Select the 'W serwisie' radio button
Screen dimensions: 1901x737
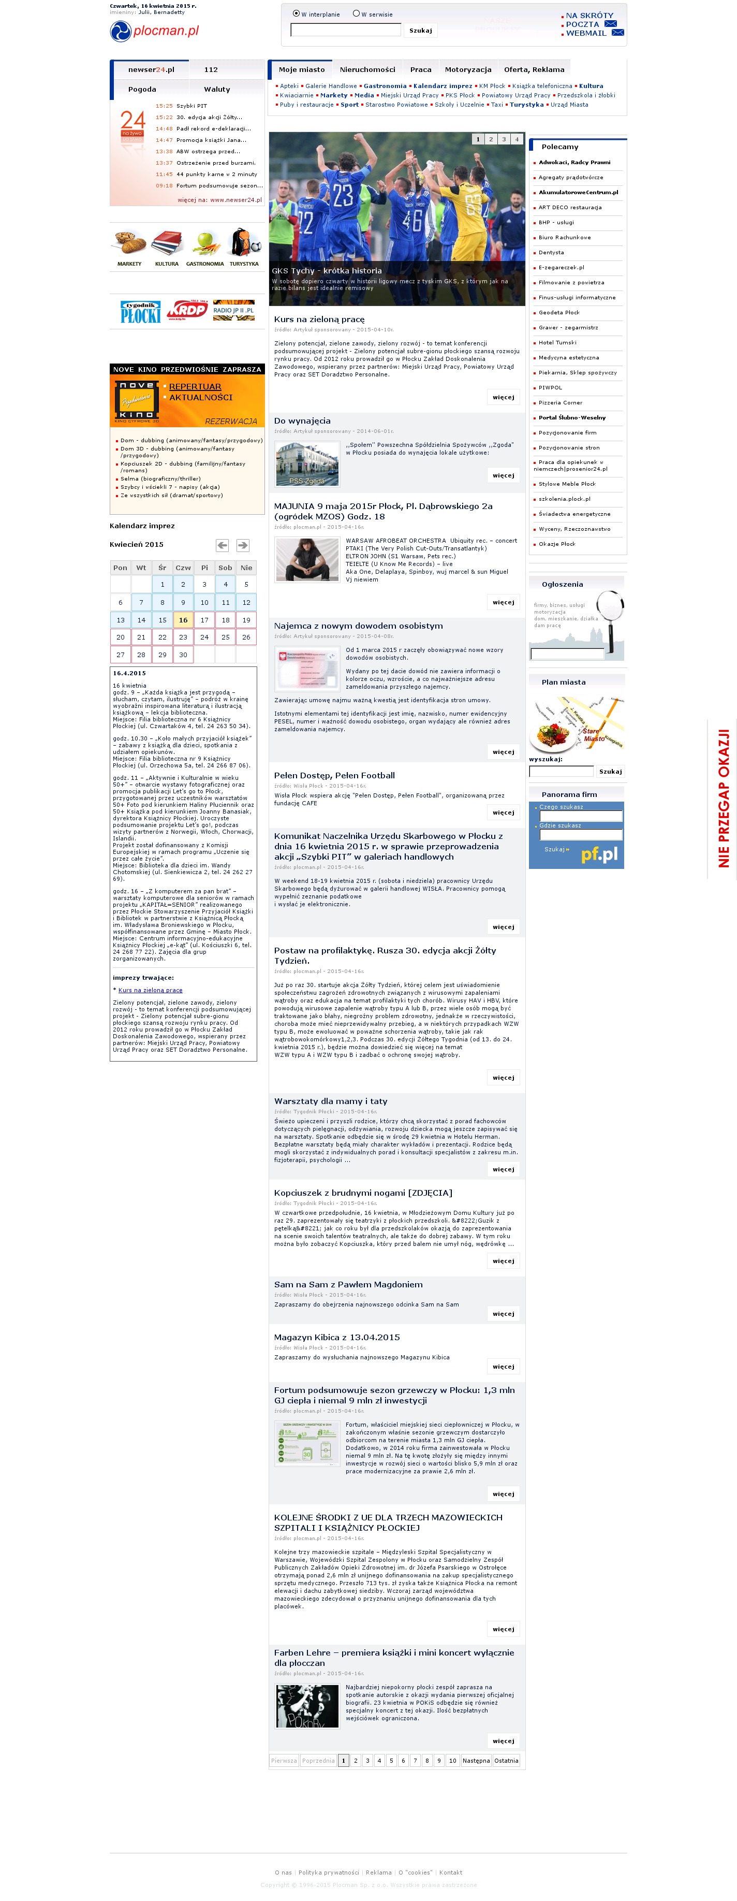coord(356,13)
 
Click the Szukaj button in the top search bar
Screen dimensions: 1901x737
coord(420,30)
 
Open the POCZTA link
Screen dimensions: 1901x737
coord(582,24)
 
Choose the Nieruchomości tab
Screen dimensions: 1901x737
coord(367,69)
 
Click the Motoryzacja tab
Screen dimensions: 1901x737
coord(468,69)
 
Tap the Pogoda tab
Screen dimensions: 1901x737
coord(142,89)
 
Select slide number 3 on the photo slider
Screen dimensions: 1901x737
coord(504,139)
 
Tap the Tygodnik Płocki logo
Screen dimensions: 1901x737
coord(140,311)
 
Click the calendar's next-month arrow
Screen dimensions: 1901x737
coord(243,545)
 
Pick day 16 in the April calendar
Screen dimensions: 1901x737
coord(183,620)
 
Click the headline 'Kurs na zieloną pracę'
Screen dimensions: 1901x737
coord(319,320)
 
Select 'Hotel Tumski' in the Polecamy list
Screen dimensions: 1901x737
coord(557,342)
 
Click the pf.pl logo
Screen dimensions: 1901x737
coord(599,854)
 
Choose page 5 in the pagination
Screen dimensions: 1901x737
coord(391,1760)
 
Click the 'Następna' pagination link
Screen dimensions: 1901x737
coord(476,1760)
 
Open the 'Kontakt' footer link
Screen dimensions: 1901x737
coord(451,1871)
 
